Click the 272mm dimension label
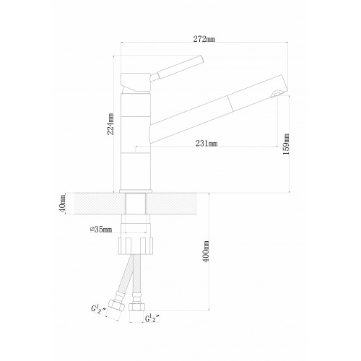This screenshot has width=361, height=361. coord(204,39)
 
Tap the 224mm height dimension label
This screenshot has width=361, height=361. coord(110,124)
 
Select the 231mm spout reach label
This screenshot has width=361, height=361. coord(206,144)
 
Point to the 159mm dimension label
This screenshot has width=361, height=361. coord(286,144)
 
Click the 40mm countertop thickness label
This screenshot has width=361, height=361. coord(62,203)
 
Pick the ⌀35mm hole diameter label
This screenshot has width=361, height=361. coord(101,230)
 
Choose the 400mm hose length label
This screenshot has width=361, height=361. coord(206,251)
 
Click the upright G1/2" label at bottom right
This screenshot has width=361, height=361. coord(152,319)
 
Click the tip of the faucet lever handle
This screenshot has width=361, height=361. coord(201,59)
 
